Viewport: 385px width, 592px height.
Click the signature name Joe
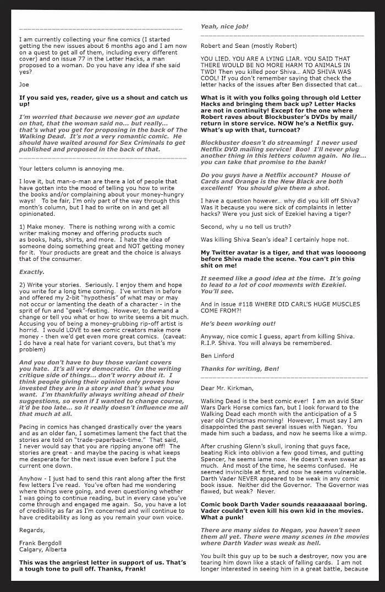click(24, 85)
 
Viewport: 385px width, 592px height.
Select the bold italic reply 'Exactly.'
click(32, 272)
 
